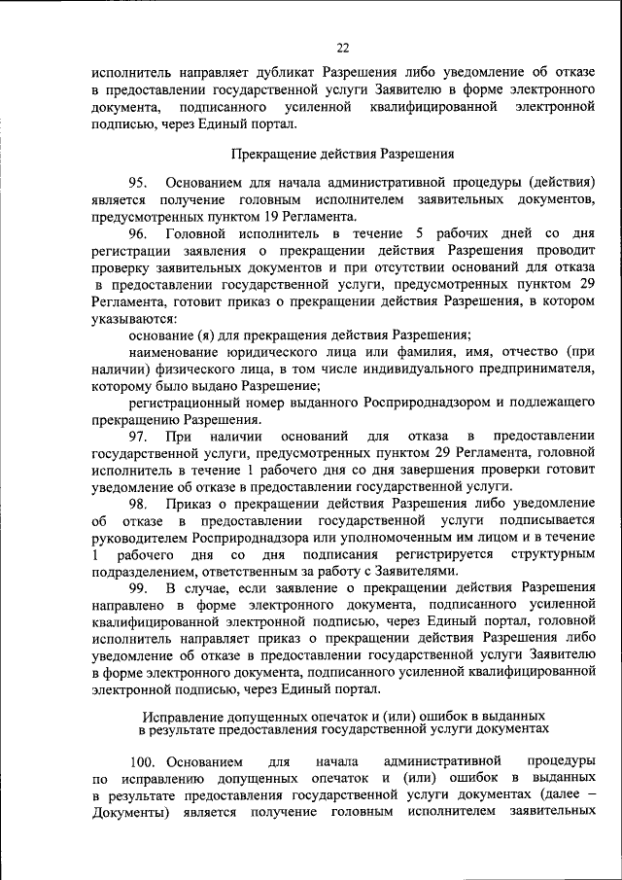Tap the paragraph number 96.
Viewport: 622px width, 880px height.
click(137, 234)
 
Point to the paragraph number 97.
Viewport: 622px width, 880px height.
click(137, 437)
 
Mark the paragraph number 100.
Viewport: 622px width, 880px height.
click(143, 757)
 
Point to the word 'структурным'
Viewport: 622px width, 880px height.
click(553, 553)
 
